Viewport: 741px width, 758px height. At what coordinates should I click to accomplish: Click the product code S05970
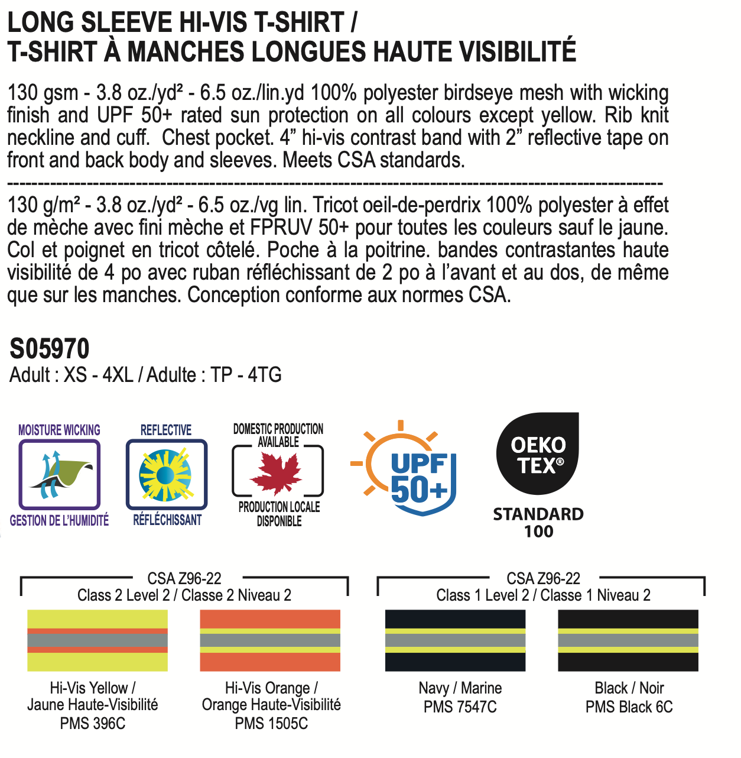(50, 349)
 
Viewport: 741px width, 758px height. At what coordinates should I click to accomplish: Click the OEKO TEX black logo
(538, 454)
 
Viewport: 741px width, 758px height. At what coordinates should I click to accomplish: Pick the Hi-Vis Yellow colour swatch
(97, 640)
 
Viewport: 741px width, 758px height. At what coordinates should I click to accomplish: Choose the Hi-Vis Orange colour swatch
(270, 640)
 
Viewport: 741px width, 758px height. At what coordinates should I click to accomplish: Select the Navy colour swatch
(455, 640)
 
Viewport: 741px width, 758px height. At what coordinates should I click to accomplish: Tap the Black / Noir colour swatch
(628, 640)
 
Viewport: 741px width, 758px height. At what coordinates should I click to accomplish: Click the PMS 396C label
(93, 723)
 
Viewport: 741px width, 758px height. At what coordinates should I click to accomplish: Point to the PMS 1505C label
(271, 723)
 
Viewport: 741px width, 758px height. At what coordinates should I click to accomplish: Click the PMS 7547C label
(460, 707)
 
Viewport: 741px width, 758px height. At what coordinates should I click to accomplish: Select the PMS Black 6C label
(629, 707)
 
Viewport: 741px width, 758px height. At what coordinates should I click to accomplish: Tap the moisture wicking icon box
(59, 474)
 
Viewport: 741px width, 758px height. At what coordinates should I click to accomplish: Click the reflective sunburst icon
(166, 474)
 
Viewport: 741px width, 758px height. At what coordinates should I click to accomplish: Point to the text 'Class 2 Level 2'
(123, 595)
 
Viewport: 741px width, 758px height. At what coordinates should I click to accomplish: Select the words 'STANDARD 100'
(538, 522)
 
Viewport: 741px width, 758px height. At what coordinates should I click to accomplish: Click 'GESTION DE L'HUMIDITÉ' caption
(59, 520)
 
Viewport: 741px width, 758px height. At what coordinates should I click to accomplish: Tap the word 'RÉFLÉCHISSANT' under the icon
(167, 520)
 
